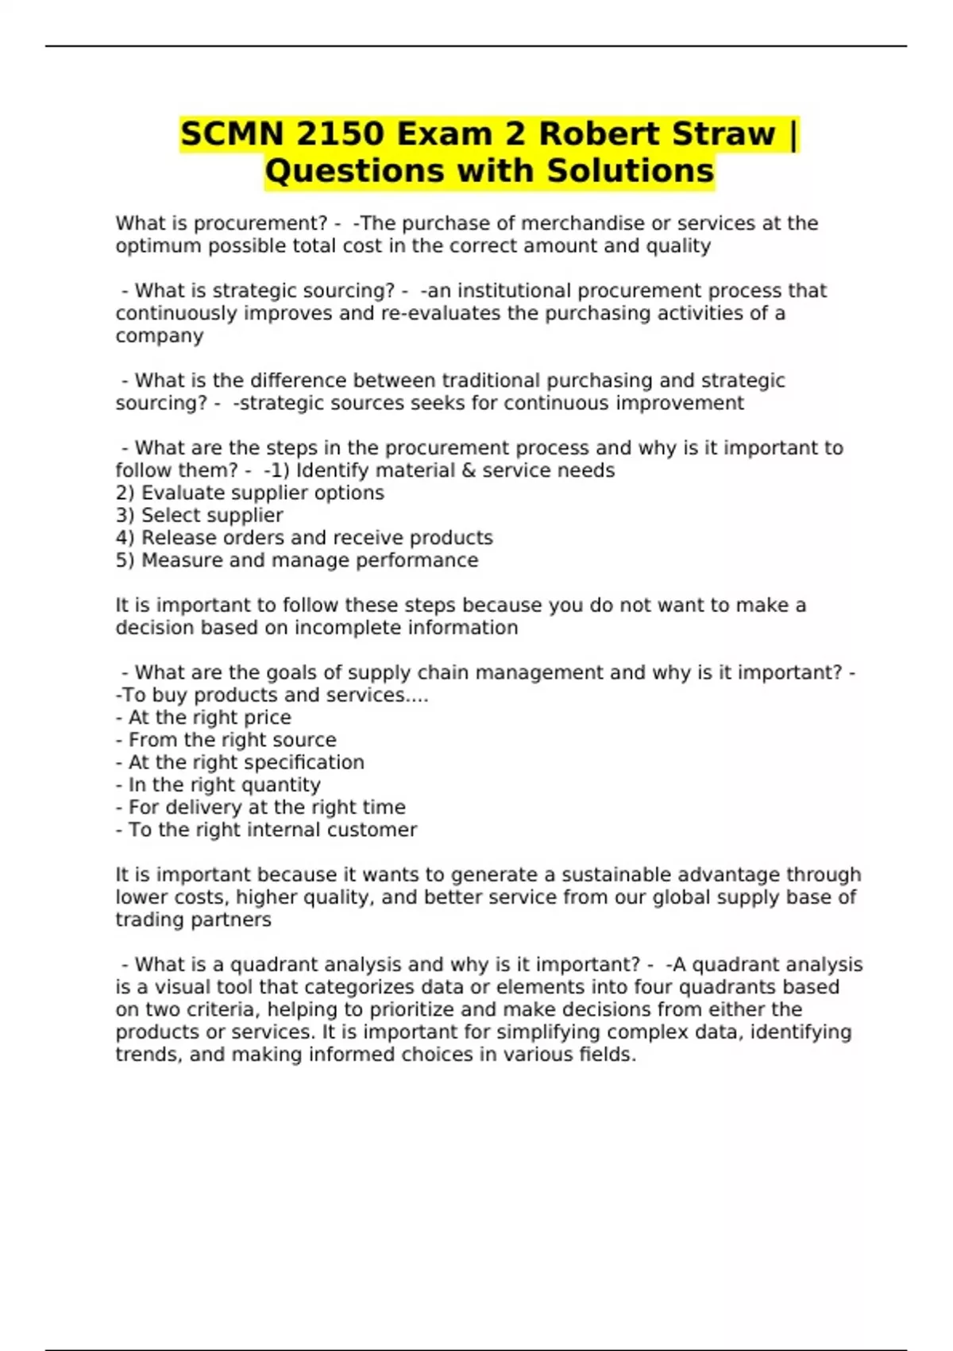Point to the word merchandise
pyautogui.click(x=582, y=223)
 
